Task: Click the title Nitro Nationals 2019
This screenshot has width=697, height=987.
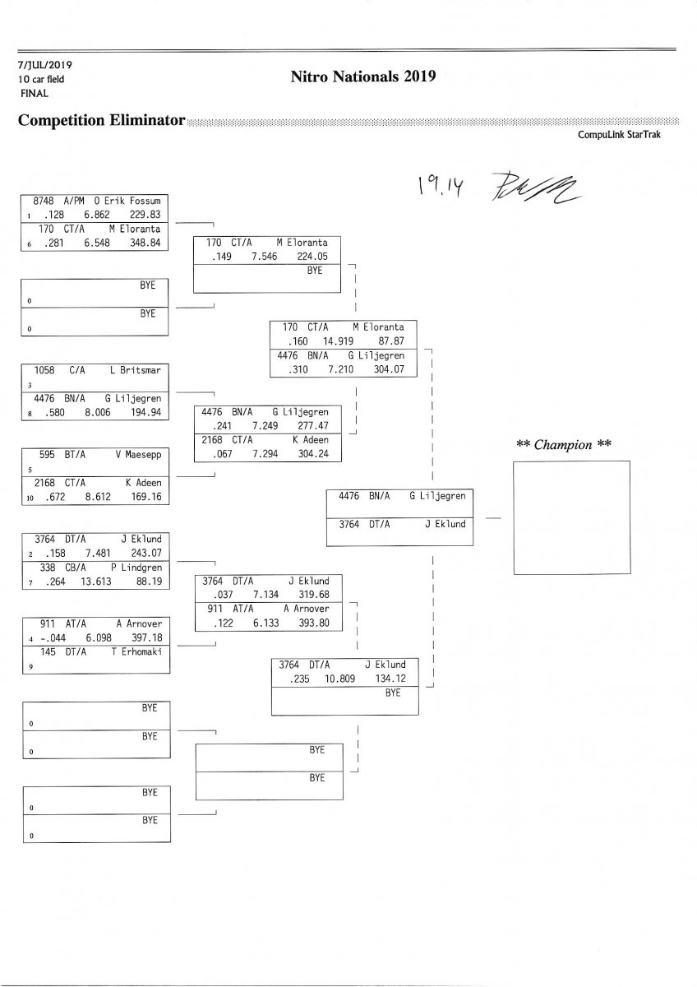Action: [362, 76]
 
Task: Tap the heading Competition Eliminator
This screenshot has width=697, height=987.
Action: [101, 121]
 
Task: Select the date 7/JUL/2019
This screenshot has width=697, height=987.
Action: [44, 64]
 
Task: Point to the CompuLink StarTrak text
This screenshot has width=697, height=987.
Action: [619, 136]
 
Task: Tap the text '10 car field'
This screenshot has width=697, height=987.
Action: [41, 79]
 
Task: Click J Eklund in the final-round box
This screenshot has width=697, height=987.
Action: [445, 524]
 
